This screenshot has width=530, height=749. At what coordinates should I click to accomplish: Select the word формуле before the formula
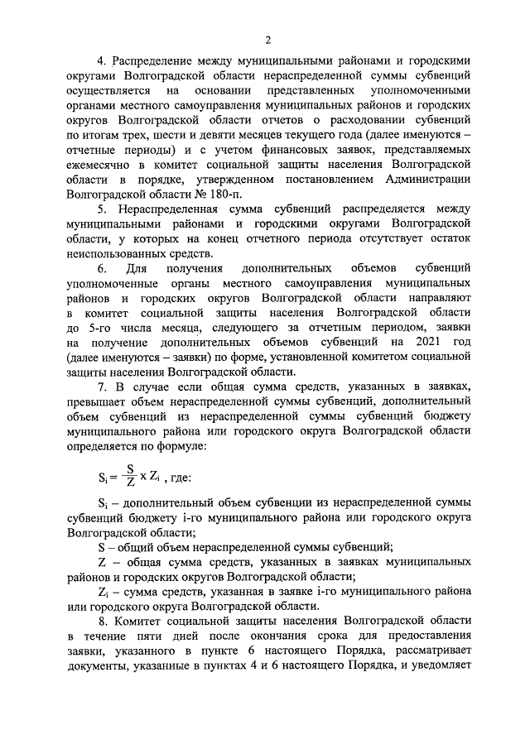coord(187,446)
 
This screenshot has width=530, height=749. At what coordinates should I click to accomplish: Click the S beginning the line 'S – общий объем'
coord(101,547)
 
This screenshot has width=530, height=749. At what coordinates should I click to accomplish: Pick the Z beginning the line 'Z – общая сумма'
coord(101,562)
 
